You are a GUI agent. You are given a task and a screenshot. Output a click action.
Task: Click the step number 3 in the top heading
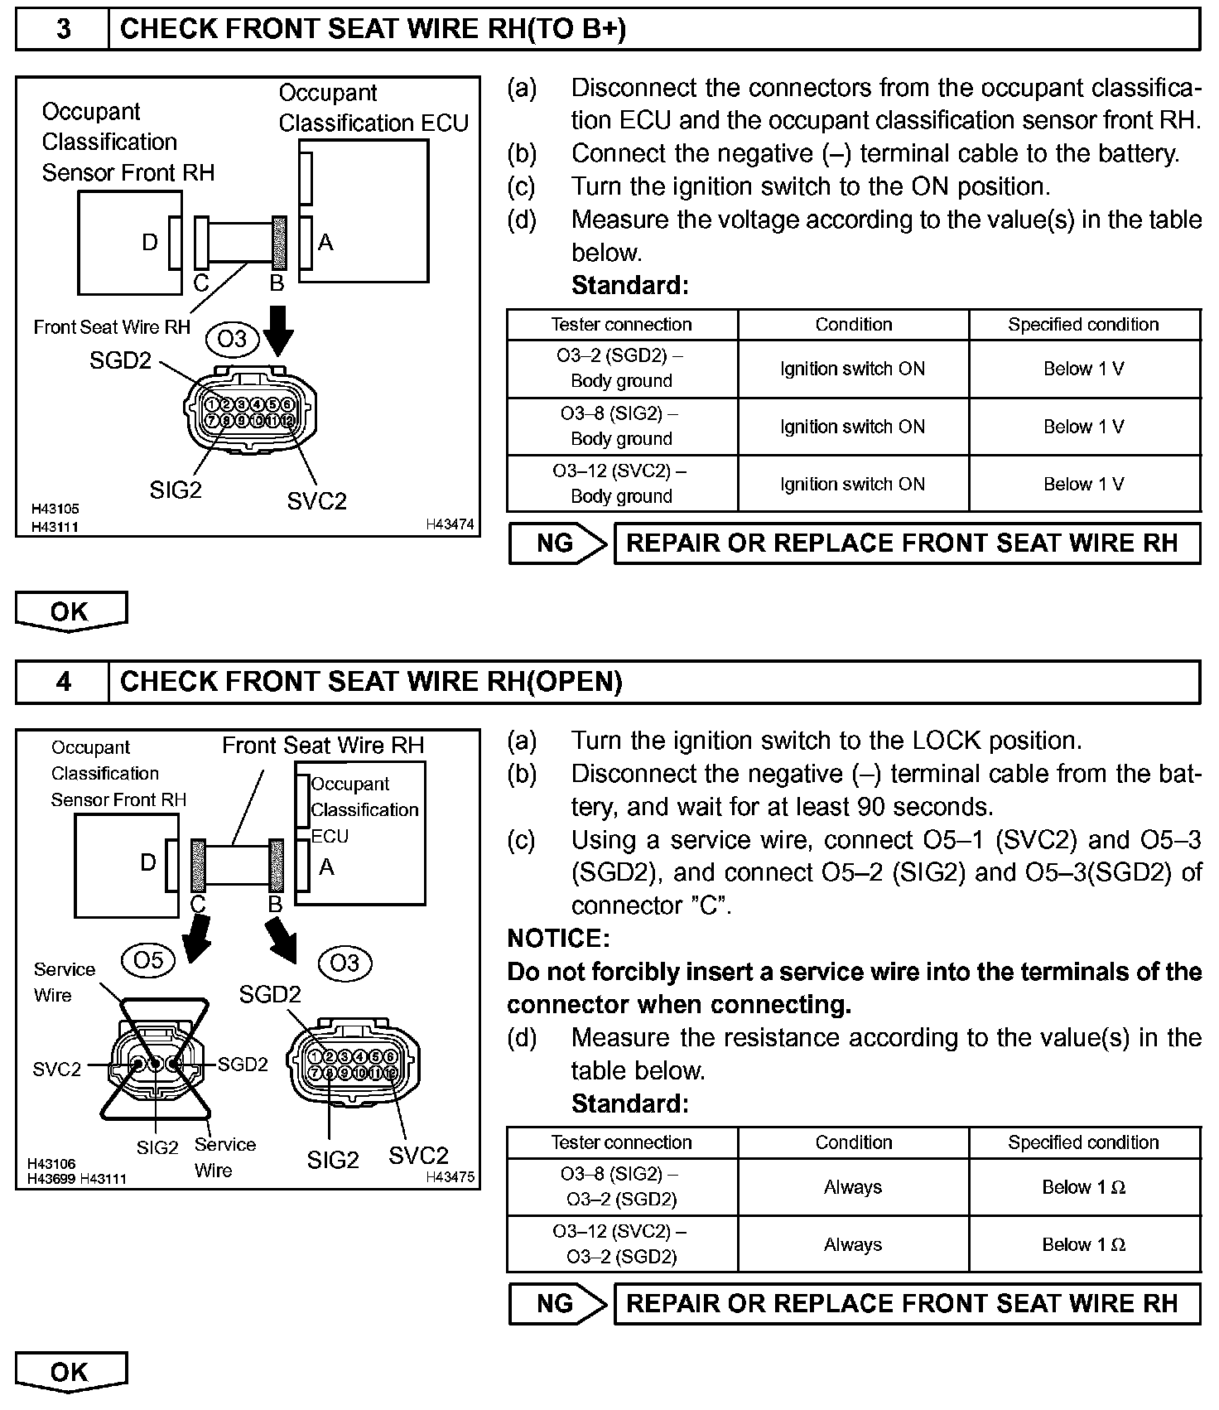click(63, 29)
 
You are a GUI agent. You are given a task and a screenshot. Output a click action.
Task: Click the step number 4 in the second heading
click(63, 682)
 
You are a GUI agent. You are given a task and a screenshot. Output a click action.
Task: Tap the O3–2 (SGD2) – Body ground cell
click(621, 369)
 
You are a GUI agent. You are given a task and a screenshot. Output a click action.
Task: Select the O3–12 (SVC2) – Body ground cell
click(621, 484)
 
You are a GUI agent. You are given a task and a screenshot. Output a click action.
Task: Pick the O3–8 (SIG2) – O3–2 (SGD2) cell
click(621, 1187)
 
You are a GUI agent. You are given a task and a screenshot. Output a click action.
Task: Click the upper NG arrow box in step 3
click(557, 543)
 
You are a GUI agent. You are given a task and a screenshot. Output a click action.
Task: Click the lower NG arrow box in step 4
click(557, 1304)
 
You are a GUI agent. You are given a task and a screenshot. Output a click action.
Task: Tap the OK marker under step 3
click(70, 611)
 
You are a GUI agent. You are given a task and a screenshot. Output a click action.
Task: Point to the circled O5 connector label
click(149, 959)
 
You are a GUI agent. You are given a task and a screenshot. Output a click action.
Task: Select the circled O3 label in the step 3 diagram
click(233, 339)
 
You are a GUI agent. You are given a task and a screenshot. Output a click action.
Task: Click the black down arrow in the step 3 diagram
click(279, 331)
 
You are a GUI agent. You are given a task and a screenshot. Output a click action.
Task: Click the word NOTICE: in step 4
click(558, 939)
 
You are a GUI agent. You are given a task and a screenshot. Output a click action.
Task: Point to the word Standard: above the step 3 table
click(630, 286)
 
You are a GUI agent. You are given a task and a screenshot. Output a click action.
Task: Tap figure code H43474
click(450, 524)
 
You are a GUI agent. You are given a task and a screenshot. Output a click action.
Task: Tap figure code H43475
click(450, 1177)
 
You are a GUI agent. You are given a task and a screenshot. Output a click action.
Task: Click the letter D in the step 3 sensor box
click(149, 243)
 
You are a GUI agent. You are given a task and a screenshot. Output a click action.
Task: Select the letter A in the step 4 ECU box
click(326, 867)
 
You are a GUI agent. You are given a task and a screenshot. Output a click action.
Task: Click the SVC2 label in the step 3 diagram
click(316, 501)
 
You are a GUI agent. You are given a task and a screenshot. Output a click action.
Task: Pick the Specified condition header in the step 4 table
click(1083, 1142)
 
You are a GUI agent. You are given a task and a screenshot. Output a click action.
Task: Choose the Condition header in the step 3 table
click(853, 325)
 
